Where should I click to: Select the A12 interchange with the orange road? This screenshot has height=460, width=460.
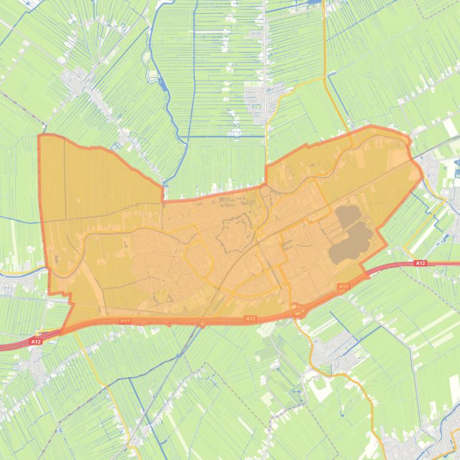coord(297,311)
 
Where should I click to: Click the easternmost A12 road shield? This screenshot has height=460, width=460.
coord(421,263)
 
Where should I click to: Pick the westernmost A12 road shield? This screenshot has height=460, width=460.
coord(35,342)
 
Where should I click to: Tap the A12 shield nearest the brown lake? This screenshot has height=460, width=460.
coord(343,287)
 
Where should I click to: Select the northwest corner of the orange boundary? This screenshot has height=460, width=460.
coord(40,136)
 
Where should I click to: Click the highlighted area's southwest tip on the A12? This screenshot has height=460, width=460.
coord(60,333)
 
